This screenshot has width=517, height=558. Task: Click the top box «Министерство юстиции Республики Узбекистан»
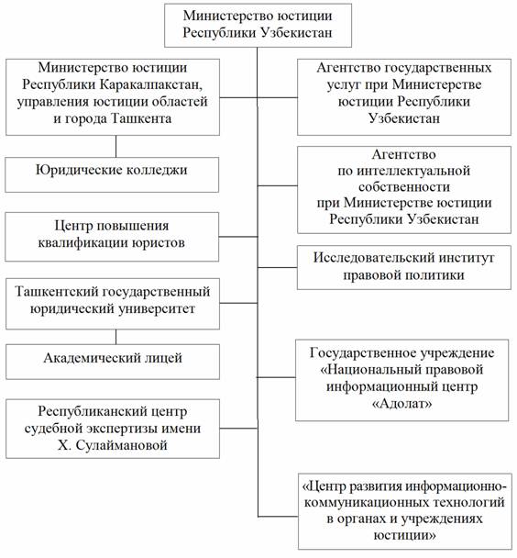258,25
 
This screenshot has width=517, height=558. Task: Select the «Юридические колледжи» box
112,174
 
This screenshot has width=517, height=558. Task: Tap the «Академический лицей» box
113,362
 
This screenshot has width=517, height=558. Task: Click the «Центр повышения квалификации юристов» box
112,237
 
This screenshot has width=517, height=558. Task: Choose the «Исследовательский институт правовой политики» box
404,267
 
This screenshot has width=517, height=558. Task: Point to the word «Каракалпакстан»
151,84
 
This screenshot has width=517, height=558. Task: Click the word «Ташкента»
141,118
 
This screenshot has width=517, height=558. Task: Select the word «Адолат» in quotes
401,404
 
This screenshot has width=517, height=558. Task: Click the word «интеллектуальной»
413,171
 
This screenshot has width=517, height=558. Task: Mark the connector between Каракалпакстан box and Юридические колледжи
115,146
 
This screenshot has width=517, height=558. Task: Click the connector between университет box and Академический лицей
115,337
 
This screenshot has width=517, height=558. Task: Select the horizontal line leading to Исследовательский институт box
278,267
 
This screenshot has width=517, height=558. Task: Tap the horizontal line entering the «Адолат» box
277,377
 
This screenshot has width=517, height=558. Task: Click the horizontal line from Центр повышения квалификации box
238,237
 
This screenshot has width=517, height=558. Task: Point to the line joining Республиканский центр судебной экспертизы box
238,428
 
